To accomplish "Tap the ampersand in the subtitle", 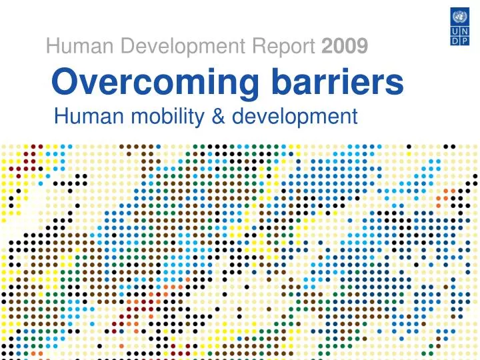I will pos(217,117).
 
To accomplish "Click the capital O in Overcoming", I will pos(64,84).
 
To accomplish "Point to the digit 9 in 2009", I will pos(361,47).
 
